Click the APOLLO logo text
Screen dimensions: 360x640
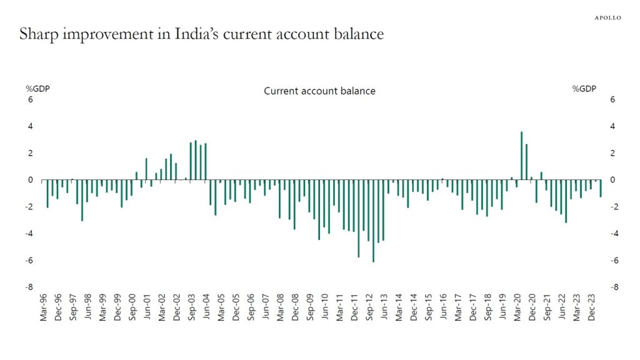click(x=607, y=17)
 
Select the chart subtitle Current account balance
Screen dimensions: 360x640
click(x=319, y=91)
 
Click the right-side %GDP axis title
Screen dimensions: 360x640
click(x=584, y=89)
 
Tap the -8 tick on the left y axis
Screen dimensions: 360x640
click(x=28, y=287)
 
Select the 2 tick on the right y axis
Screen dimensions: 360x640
click(x=612, y=153)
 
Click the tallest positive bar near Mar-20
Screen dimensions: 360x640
click(x=521, y=156)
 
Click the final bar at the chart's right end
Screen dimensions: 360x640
click(x=601, y=188)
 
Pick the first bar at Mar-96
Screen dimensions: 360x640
click(x=47, y=193)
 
